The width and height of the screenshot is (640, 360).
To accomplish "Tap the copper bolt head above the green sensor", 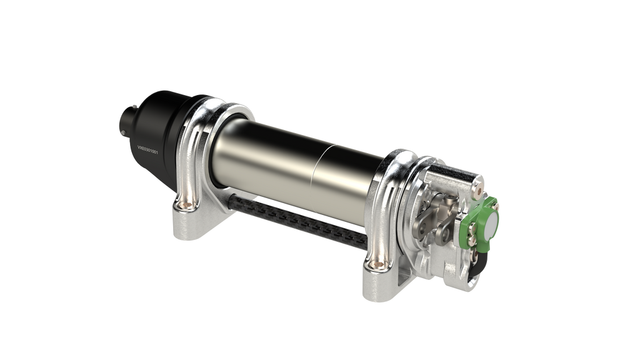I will (479, 182).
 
